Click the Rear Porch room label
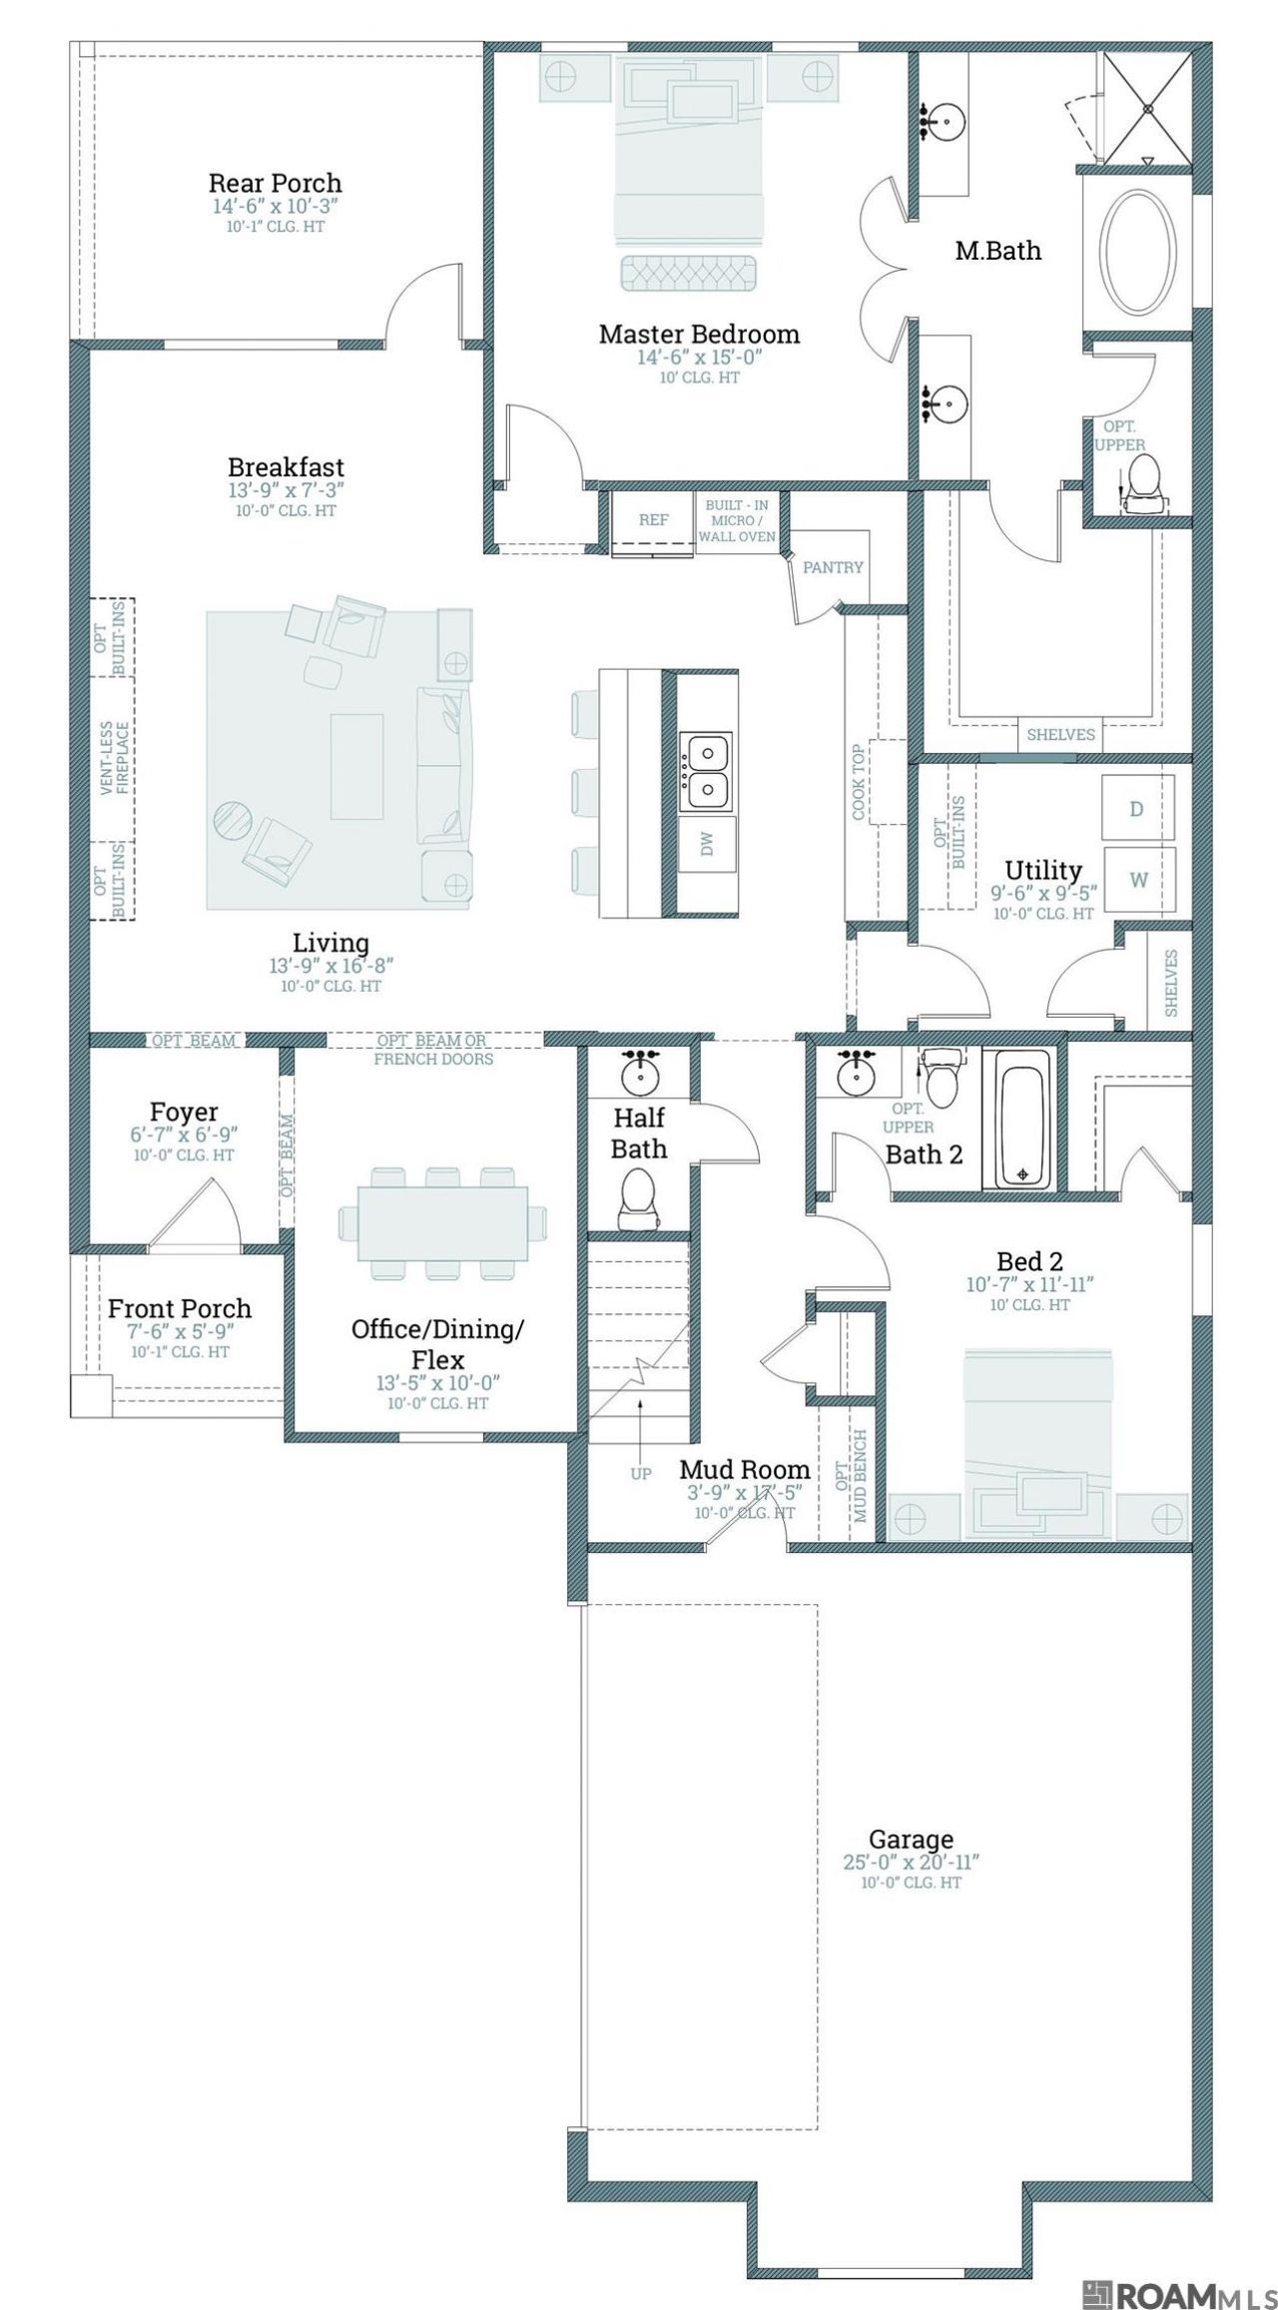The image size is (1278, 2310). [x=275, y=183]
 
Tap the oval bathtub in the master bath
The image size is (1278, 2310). [x=1137, y=254]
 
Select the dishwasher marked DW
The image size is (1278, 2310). [x=708, y=846]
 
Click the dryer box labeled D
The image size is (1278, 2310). [x=1137, y=808]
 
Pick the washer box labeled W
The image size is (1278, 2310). [x=1138, y=880]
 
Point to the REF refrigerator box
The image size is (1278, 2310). [x=654, y=520]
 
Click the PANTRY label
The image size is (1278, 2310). [x=833, y=567]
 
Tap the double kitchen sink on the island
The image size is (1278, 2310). [x=708, y=770]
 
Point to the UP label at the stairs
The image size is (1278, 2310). [x=641, y=1473]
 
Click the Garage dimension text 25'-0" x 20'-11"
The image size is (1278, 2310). [x=912, y=1863]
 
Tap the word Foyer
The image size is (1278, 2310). [x=184, y=1112]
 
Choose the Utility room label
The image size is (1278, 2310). [x=1043, y=869]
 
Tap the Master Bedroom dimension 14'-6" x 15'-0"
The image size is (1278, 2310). [x=699, y=358]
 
